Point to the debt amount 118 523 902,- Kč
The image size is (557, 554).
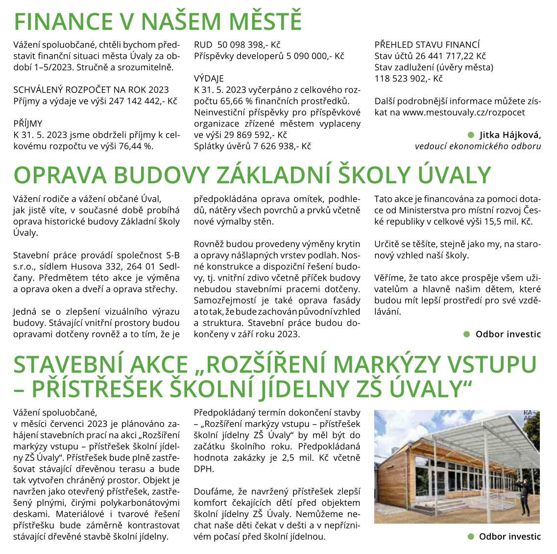click(409, 79)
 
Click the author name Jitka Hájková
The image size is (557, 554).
click(509, 135)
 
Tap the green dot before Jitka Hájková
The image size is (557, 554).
click(471, 135)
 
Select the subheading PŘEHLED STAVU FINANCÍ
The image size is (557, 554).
click(427, 45)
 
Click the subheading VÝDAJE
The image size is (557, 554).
click(209, 79)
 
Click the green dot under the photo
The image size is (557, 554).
click(471, 536)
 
